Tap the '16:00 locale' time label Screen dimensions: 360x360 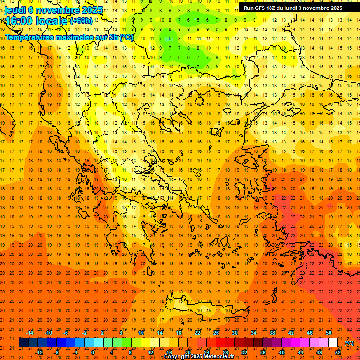[36, 21]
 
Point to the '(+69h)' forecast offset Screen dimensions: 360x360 [81, 21]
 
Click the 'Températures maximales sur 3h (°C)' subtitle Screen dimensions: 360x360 [69, 37]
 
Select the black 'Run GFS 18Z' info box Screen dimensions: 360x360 [299, 8]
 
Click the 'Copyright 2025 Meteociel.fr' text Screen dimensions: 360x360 [199, 357]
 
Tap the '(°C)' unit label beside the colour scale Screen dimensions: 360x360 [349, 343]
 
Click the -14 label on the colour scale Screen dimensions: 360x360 [30, 333]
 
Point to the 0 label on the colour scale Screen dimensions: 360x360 [93, 352]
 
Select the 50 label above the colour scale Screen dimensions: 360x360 [328, 333]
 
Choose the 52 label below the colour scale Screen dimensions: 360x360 [338, 352]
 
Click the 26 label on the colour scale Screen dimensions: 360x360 [216, 333]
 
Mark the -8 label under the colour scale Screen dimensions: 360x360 [57, 352]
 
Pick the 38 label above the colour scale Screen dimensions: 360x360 [272, 333]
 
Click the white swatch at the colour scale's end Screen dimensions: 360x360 [333, 343]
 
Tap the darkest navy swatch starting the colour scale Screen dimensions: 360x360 [23, 343]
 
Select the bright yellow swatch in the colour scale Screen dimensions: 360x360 [145, 343]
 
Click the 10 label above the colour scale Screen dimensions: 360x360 [141, 333]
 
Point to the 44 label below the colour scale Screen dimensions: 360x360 [300, 352]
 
